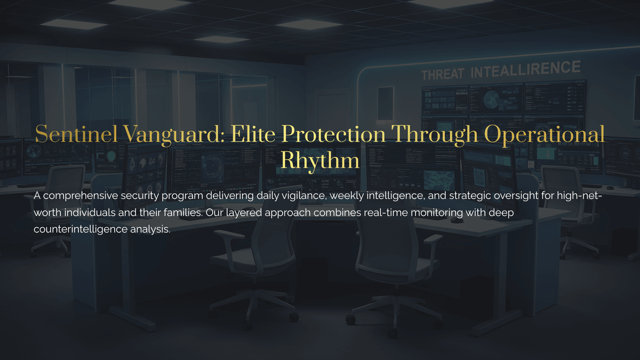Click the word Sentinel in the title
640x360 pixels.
76,134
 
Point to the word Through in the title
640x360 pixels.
434,135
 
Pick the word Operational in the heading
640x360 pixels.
545,135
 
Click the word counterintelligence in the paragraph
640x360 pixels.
81,229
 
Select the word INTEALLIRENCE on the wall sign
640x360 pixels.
526,69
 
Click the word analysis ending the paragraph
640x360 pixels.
150,229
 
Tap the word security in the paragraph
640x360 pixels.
140,196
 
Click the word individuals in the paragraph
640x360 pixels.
90,213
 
